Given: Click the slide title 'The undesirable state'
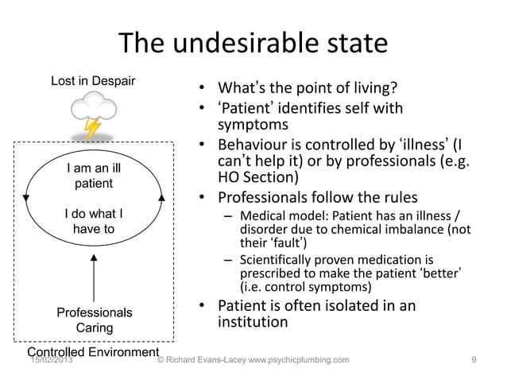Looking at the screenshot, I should click(x=253, y=43).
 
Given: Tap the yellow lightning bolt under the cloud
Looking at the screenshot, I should click(x=94, y=127).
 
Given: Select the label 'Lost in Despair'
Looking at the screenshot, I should click(x=93, y=81).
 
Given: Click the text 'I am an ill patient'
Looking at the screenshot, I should click(x=93, y=176).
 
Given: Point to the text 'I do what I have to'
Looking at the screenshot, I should click(x=93, y=221).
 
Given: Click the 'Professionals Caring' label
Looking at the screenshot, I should click(x=94, y=320).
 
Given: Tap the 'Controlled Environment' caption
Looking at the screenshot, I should click(x=94, y=351).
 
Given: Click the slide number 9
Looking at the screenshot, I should click(x=474, y=360).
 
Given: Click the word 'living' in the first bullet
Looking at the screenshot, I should click(x=366, y=87).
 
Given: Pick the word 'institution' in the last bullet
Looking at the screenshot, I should click(x=253, y=323).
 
